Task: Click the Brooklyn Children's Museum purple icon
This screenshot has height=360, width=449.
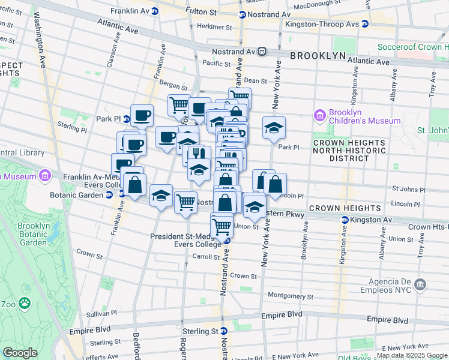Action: point(319,115)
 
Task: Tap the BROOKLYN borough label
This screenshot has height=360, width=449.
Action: point(318,55)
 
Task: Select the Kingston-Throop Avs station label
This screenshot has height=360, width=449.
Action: point(323,23)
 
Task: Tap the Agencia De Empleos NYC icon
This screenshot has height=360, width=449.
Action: point(420,283)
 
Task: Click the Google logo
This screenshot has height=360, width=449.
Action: point(20,353)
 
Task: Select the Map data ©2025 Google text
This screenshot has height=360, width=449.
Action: point(412,355)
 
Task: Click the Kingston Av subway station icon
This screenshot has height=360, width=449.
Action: point(345,220)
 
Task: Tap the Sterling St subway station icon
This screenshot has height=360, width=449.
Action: point(223,331)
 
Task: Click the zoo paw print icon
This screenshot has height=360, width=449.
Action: point(25,302)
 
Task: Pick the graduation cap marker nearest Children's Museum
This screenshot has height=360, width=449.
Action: point(274,128)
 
